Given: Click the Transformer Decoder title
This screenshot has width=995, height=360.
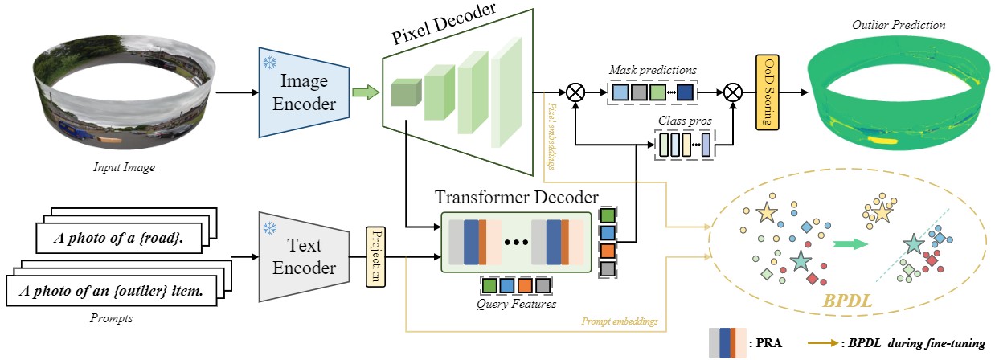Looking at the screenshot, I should (x=516, y=197).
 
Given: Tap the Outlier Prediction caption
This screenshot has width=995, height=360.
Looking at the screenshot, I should (x=899, y=25).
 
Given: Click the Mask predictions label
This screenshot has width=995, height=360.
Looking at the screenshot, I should (x=652, y=70).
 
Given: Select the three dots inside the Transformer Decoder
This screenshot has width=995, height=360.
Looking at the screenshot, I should (x=514, y=240).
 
